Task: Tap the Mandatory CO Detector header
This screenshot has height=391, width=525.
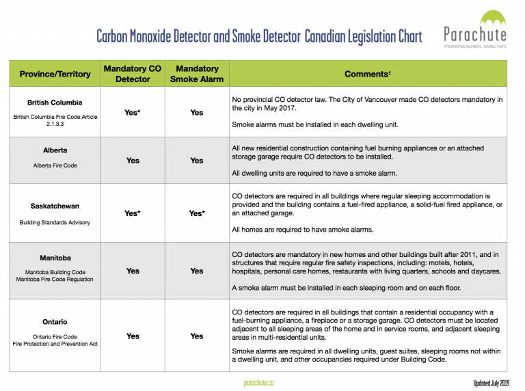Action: [x=133, y=74]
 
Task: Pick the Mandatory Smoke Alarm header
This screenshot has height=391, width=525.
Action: [x=197, y=74]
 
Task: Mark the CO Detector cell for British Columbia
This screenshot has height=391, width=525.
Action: [x=133, y=112]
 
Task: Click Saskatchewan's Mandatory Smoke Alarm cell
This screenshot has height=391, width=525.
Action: [x=197, y=213]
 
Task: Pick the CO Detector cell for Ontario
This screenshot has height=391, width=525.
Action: [x=133, y=336]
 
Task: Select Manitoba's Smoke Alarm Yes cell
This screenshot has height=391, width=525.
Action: [x=197, y=271]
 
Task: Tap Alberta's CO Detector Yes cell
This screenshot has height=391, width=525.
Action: [x=133, y=161]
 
